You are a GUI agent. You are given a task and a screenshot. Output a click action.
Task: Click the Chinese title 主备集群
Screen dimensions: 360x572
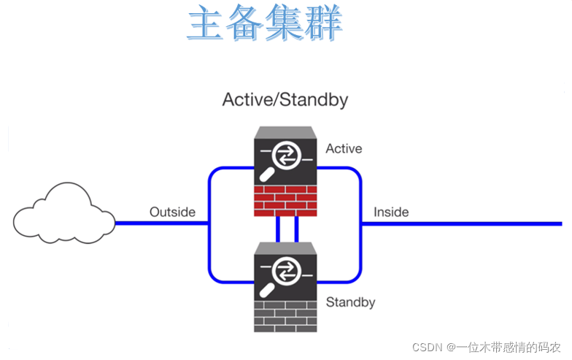tap(264, 23)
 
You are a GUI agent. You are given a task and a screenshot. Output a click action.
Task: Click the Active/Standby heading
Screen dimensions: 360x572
tap(285, 99)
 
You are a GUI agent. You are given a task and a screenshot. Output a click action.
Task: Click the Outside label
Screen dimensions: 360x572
tap(172, 212)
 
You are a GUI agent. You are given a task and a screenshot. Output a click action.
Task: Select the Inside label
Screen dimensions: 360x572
tap(391, 212)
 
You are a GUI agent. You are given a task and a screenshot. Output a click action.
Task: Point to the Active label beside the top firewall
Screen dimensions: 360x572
tap(344, 149)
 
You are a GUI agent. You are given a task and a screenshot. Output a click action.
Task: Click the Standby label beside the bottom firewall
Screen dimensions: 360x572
tap(350, 302)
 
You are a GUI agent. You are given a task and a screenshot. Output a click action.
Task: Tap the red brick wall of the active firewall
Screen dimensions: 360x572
tap(286, 200)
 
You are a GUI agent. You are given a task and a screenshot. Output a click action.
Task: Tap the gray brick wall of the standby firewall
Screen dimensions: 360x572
tap(286, 316)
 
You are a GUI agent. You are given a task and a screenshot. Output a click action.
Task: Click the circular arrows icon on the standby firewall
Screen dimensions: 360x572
tap(285, 273)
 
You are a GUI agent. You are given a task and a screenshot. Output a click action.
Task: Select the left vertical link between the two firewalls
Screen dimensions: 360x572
tap(278, 229)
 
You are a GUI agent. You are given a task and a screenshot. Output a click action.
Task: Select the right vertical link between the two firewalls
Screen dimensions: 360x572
tap(295, 229)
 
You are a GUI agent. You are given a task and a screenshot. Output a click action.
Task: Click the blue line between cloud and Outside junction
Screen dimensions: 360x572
tap(161, 223)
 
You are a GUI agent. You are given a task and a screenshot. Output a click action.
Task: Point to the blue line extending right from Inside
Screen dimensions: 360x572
tap(467, 223)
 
